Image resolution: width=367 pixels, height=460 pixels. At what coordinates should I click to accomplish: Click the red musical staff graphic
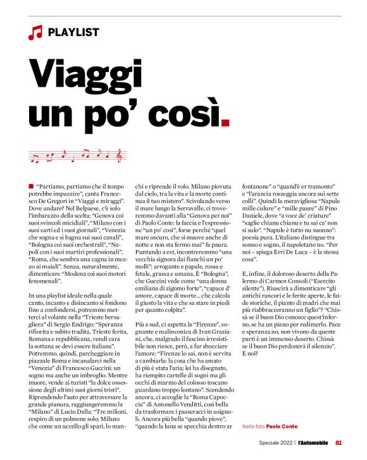pos(78,154)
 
